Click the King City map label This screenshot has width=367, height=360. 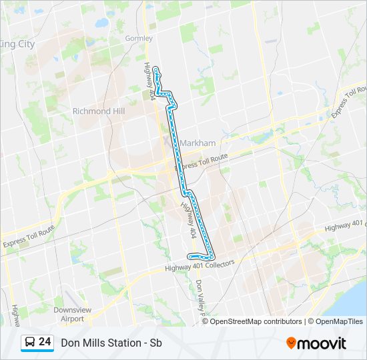click(x=17, y=43)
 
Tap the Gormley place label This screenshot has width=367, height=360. click(x=139, y=39)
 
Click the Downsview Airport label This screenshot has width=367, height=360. click(x=69, y=314)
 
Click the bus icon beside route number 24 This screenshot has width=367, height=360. click(x=30, y=343)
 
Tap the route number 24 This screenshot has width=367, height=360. click(x=45, y=343)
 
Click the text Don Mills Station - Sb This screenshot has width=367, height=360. click(x=111, y=343)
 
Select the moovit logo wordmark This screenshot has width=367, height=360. click(x=322, y=343)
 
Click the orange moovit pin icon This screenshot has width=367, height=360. click(x=292, y=343)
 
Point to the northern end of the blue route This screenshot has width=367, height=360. click(x=155, y=69)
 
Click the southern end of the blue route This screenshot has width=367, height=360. click(x=191, y=257)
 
